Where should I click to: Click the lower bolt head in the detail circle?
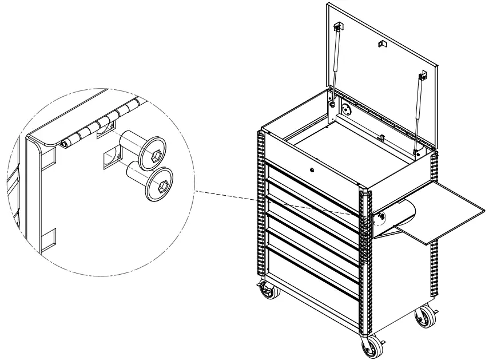(160, 184)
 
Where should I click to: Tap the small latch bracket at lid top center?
(382, 43)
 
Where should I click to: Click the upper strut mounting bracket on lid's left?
(338, 27)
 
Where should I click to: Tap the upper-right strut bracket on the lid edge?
(424, 75)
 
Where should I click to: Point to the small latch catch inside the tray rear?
(380, 137)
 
